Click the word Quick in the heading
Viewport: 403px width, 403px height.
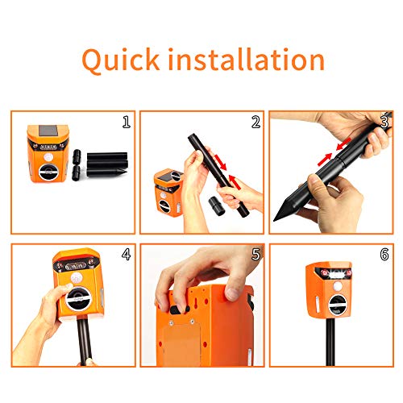pos(121,60)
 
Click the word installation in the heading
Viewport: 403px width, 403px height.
pos(247,59)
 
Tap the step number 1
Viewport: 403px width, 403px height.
pos(127,122)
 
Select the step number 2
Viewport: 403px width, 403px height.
pos(256,123)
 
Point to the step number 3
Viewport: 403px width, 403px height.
pos(384,122)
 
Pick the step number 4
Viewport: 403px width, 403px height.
pos(126,254)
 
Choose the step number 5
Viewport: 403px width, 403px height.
pos(256,254)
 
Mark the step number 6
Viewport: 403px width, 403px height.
pos(384,254)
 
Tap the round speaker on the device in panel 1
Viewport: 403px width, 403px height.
pos(47,171)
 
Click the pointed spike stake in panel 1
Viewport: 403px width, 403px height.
pos(106,172)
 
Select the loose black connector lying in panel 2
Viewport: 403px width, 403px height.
pos(216,206)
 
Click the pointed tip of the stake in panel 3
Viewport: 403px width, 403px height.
pos(274,220)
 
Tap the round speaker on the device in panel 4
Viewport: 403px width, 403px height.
pos(77,301)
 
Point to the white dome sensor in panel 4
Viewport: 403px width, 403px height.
pos(77,277)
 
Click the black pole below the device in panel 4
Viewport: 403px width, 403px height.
pos(85,341)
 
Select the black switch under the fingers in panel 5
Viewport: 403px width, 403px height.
pos(178,310)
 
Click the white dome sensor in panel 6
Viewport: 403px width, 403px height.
pos(338,286)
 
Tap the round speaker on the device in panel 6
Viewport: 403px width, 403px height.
pos(336,305)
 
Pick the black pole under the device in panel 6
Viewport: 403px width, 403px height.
pos(330,342)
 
